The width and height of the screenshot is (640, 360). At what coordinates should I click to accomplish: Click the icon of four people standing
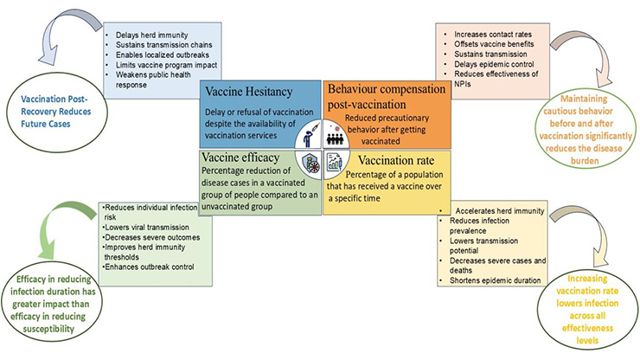click(x=333, y=137)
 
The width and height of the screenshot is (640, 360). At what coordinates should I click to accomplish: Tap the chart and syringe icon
click(x=334, y=162)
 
